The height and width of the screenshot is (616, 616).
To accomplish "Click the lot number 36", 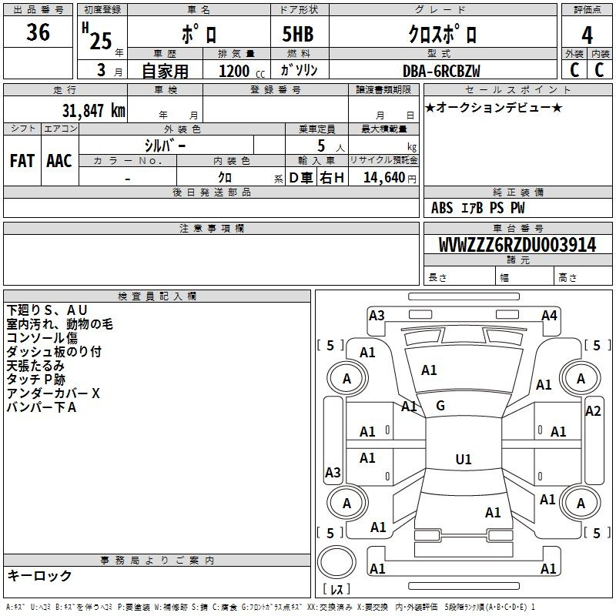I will [x=38, y=34].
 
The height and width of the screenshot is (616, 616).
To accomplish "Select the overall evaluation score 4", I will [x=588, y=35].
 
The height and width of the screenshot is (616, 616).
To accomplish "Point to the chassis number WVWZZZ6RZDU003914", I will [x=517, y=245].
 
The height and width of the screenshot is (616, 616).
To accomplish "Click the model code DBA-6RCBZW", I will [x=442, y=71].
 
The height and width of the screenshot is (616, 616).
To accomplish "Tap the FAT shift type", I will [x=22, y=161].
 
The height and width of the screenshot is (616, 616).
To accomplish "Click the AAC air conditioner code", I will [x=59, y=161].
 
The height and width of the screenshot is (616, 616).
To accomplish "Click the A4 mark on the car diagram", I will [x=549, y=316].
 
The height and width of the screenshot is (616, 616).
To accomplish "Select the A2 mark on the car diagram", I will [x=592, y=411].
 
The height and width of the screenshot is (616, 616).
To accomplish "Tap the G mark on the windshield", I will [x=440, y=405].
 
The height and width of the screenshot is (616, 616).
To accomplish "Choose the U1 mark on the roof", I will [x=463, y=460].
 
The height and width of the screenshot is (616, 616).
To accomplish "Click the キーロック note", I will [x=39, y=575].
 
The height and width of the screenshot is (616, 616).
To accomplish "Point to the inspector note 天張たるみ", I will [x=35, y=366].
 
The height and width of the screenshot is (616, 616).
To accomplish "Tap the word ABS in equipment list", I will [x=442, y=208].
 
